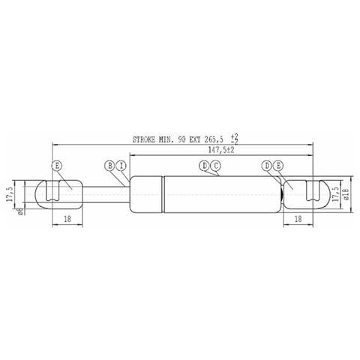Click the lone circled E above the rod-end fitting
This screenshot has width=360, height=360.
[x=57, y=165]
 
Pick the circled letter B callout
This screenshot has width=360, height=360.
[x=109, y=165]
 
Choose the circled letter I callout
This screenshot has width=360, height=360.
[x=120, y=165]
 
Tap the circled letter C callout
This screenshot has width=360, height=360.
[x=215, y=165]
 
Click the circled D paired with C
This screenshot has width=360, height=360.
[x=205, y=165]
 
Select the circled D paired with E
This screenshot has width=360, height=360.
[x=267, y=165]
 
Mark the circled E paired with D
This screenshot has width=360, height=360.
[x=277, y=165]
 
